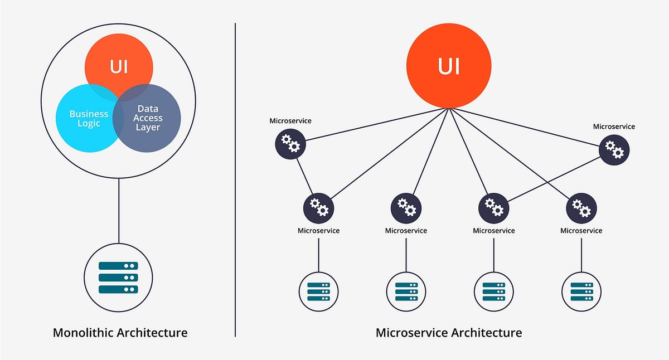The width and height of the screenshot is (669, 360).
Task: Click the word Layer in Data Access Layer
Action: coord(148,127)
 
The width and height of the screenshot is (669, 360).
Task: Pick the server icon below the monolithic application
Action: coord(118,277)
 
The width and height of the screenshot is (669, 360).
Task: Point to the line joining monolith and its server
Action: coord(118,212)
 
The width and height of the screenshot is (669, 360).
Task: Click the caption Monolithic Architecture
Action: coord(120,333)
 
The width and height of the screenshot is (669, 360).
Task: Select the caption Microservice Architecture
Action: coord(449,333)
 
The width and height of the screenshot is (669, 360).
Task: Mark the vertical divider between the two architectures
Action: coord(235,178)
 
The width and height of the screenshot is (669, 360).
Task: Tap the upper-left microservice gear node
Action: coord(290,144)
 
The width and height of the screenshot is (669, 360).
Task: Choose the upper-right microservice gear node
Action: coord(614,149)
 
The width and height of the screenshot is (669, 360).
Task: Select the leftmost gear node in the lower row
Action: coord(318,207)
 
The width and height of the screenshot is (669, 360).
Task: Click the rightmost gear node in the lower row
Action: coord(581,208)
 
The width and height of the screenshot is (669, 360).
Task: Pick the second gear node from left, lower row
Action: coord(406,207)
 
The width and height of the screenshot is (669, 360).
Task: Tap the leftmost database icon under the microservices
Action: coord(318,291)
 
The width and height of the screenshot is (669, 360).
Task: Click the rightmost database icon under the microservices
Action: coord(581,291)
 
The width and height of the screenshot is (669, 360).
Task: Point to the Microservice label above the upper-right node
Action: coord(614,127)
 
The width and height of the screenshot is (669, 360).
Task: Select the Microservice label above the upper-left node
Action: coord(290,120)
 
